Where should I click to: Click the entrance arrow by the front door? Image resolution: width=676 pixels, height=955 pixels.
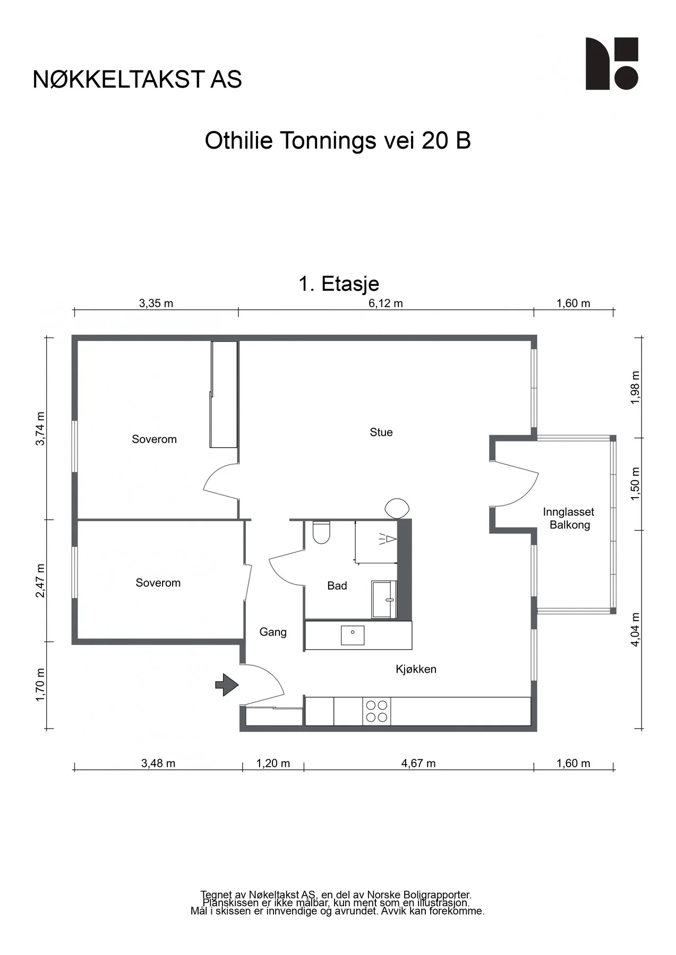(x=227, y=684)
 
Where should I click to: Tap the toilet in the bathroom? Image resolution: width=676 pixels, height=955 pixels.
(x=321, y=532)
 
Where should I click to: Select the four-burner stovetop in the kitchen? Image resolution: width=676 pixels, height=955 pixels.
(x=376, y=711)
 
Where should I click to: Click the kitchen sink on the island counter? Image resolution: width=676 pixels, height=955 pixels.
(x=353, y=635)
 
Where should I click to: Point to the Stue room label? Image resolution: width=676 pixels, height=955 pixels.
(x=381, y=432)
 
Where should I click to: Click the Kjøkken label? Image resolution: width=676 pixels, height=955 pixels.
(x=416, y=670)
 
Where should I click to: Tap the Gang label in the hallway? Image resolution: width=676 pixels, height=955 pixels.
(x=273, y=632)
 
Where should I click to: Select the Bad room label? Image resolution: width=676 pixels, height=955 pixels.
(x=337, y=586)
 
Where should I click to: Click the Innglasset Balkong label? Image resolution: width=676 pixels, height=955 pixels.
(x=569, y=518)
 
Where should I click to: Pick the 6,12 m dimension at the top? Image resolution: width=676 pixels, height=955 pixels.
(x=386, y=303)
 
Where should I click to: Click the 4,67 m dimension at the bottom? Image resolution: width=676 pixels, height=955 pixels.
(x=418, y=763)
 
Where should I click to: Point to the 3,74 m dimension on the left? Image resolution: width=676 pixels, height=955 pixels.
(x=40, y=428)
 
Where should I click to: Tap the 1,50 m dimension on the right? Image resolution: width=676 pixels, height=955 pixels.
(x=635, y=484)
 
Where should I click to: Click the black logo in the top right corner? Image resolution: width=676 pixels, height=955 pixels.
(x=612, y=64)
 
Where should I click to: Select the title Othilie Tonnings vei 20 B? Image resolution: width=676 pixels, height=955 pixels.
(x=338, y=141)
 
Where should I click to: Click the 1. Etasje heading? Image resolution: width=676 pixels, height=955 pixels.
(x=339, y=284)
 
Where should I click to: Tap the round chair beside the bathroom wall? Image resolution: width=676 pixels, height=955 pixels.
(x=397, y=508)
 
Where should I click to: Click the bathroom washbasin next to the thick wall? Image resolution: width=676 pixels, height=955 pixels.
(x=384, y=600)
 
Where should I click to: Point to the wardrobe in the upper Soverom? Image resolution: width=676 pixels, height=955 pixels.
(x=224, y=394)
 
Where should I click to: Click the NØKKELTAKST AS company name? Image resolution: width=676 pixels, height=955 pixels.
(x=138, y=80)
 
